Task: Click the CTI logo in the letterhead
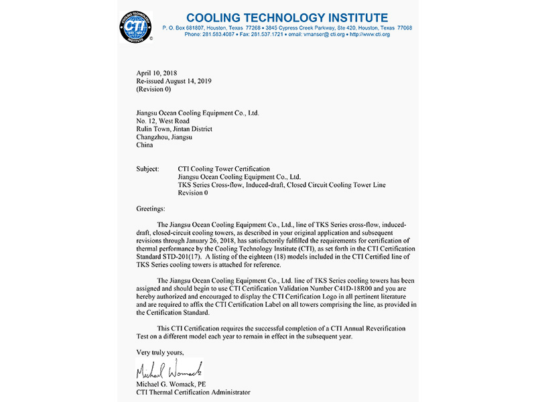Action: pos(136,27)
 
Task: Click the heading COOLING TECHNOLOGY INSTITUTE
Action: pos(287,17)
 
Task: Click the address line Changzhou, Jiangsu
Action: pos(164,137)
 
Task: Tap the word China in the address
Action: pos(145,145)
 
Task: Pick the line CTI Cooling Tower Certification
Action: pos(224,169)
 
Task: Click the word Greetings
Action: pos(150,209)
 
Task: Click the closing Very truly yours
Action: pos(159,352)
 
